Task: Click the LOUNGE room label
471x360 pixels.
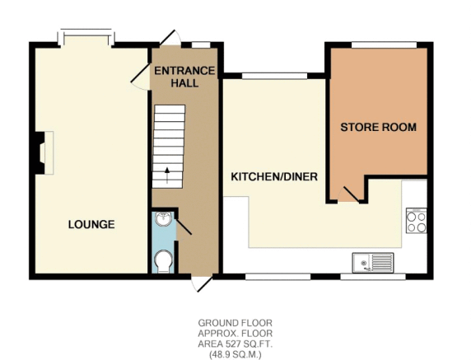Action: (91, 224)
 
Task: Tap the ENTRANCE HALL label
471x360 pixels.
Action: (184, 77)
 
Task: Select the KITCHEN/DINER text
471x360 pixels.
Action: (274, 176)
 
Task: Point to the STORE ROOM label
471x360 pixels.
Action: (378, 127)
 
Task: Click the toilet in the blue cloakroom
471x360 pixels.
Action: (164, 261)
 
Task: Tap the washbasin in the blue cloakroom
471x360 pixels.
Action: (163, 218)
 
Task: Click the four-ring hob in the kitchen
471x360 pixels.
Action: (416, 221)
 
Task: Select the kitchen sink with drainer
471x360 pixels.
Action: (373, 263)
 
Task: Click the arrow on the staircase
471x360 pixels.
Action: (167, 175)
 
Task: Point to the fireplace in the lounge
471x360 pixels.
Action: (42, 152)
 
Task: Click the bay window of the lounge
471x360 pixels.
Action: (86, 38)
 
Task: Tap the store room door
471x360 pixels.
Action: (349, 194)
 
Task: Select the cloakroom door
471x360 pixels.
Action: (184, 227)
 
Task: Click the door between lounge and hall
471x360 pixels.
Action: (141, 77)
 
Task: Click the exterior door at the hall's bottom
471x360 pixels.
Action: (203, 283)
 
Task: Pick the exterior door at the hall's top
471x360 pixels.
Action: (170, 38)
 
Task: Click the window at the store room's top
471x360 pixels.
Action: (384, 44)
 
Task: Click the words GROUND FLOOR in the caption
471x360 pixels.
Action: (235, 323)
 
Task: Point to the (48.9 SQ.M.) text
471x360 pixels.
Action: (235, 354)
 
